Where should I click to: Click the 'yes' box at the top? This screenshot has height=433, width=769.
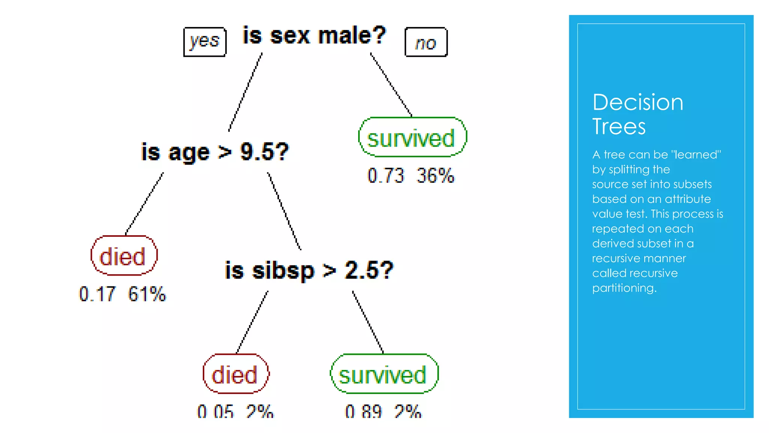click(205, 42)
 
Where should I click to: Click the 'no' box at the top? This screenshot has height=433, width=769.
click(426, 42)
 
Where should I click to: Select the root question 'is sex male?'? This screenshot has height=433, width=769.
click(314, 36)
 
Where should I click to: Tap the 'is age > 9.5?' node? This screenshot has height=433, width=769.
click(215, 152)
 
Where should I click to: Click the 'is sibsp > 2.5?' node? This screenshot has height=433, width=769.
click(309, 270)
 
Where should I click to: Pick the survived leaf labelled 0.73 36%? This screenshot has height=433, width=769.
click(412, 138)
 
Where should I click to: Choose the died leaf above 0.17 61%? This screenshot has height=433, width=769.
click(124, 256)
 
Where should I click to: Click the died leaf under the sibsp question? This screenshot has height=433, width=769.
click(235, 374)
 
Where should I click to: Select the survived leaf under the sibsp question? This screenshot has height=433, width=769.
click(384, 374)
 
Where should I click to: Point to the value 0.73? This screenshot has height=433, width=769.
click(386, 176)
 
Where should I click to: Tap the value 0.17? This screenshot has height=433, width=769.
click(97, 294)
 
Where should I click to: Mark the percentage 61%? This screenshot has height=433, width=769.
click(147, 294)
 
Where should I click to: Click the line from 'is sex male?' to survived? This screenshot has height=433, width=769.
click(391, 85)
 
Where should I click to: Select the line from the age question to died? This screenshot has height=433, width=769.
click(145, 203)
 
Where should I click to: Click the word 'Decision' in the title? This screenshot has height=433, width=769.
click(638, 102)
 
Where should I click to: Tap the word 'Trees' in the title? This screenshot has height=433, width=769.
click(619, 127)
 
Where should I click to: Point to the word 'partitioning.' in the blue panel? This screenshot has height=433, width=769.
click(624, 288)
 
